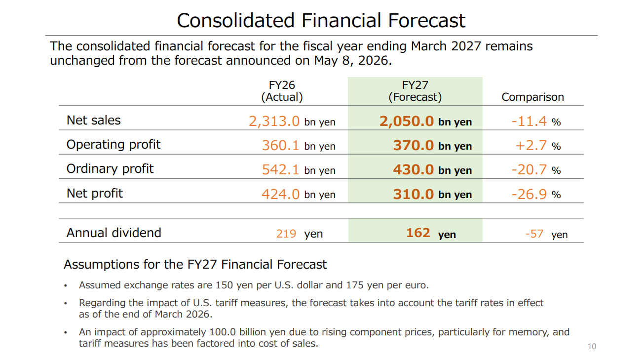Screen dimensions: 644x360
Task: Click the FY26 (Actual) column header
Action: [282, 91]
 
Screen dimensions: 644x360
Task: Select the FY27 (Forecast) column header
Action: [415, 91]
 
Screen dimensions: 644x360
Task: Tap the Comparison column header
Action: [533, 97]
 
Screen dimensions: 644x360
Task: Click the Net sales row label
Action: [93, 120]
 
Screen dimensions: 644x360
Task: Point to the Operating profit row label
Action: [114, 145]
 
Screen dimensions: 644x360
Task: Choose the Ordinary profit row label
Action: [110, 168]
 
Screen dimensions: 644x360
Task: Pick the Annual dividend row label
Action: [114, 233]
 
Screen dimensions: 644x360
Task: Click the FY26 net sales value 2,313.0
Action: [274, 121]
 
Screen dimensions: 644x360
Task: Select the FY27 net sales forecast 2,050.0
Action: [407, 121]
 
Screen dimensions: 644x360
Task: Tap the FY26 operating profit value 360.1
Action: [280, 145]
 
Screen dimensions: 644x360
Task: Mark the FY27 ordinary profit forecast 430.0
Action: [413, 169]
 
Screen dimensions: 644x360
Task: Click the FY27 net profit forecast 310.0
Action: [413, 194]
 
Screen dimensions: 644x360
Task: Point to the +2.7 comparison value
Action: [530, 145]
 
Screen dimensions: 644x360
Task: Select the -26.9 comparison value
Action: [529, 194]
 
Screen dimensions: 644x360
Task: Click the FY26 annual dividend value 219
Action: [286, 234]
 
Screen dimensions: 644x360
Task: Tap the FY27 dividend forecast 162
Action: [418, 233]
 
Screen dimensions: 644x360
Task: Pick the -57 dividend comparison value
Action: [534, 234]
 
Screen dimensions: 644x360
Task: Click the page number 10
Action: [592, 346]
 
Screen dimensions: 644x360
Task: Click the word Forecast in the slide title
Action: [427, 20]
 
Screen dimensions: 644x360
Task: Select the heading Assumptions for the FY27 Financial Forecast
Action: [195, 264]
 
